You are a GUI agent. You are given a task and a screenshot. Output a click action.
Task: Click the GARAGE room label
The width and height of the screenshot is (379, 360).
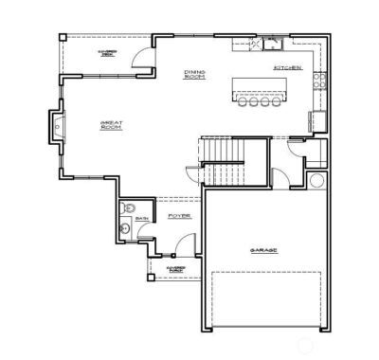pyautogui.click(x=263, y=250)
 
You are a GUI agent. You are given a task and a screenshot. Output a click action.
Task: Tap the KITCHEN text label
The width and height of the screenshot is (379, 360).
pyautogui.click(x=287, y=68)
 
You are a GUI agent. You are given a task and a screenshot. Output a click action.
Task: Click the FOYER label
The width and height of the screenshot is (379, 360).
pyautogui.click(x=179, y=216)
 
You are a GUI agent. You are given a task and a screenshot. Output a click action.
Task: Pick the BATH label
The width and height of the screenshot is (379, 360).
pyautogui.click(x=142, y=218)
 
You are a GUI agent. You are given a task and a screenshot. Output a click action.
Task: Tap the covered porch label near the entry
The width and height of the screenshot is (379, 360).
pyautogui.click(x=175, y=269)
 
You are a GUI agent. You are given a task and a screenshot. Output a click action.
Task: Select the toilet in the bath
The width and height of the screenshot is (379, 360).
pyautogui.click(x=131, y=207)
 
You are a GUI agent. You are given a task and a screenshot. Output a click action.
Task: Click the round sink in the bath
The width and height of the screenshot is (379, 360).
pyautogui.click(x=125, y=228)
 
